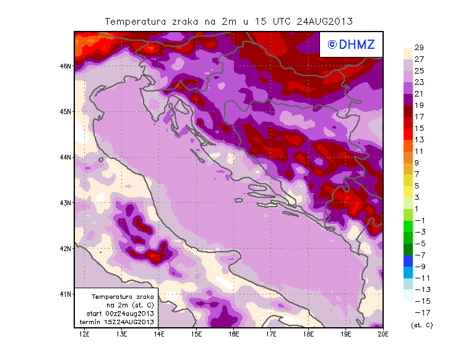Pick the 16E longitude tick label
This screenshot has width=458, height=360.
[x=234, y=334]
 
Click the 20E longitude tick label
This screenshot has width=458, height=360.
[x=383, y=334]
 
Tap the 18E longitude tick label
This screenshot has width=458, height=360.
[x=308, y=334]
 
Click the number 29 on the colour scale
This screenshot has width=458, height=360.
[x=419, y=48]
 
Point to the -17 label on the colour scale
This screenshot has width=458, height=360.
[x=419, y=312]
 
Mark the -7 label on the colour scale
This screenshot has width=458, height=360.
[x=419, y=255]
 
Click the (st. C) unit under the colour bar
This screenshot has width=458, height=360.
[x=421, y=325]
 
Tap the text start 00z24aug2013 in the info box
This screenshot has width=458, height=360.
[x=120, y=314]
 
